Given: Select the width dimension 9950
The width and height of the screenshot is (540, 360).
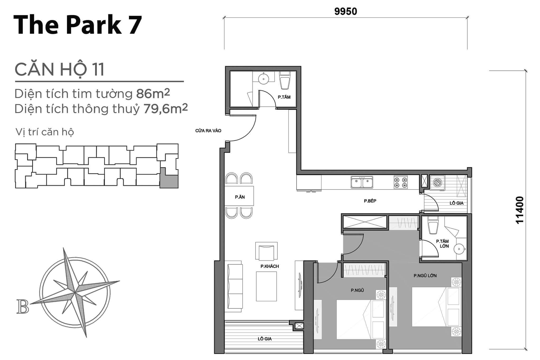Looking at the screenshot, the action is tap(345, 11).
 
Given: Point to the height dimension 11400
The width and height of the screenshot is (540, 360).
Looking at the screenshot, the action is tap(519, 210).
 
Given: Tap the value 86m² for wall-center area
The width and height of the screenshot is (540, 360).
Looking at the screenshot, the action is tap(153, 94).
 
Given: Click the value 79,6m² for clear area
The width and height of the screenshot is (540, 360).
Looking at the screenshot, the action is tap(166, 109).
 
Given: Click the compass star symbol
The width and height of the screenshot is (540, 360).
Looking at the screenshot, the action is tap(75, 292).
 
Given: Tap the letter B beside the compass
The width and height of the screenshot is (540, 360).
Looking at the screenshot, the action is tap(23, 307).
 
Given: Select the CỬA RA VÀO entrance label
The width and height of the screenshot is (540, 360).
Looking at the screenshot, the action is tap(208, 131).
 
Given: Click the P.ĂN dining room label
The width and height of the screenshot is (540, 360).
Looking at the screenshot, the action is tap(240, 197).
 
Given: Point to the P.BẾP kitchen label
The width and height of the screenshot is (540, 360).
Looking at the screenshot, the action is tap(370, 201).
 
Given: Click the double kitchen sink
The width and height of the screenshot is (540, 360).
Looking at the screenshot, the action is tap(362, 182).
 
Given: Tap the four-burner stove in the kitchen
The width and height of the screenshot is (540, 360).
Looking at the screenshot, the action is tap(401, 182).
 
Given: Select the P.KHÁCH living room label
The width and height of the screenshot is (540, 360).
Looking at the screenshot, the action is tap(270, 266).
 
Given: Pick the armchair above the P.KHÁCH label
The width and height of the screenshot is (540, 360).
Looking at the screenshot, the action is tap(266, 251).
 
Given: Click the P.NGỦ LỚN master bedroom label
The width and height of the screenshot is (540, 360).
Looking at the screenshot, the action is tap(425, 276).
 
